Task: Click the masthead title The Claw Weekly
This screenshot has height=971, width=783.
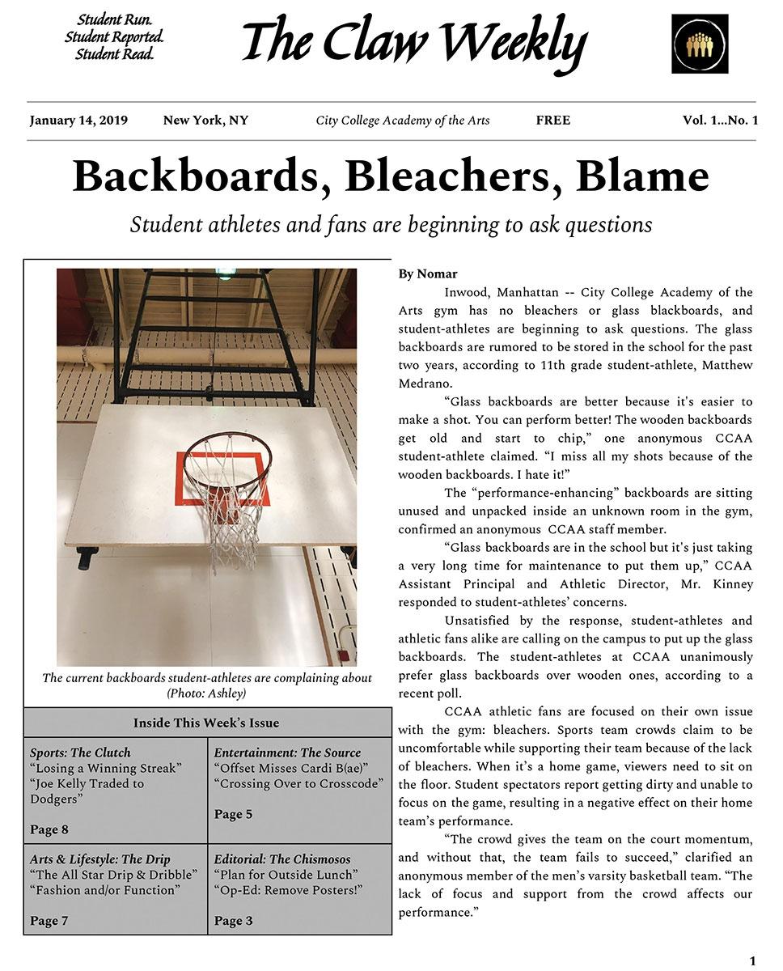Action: (414, 42)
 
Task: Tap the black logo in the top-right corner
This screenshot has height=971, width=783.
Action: (700, 44)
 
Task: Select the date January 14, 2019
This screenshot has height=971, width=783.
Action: (78, 121)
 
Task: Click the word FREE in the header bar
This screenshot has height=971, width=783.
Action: (552, 121)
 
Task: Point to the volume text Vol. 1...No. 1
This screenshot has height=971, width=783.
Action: (720, 121)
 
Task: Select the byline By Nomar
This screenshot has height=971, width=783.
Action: (427, 273)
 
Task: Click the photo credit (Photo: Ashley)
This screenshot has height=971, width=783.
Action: (206, 693)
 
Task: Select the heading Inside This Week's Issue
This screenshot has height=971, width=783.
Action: (206, 723)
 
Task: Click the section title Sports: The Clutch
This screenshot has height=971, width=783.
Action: (80, 753)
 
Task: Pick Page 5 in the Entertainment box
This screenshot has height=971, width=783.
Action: (233, 814)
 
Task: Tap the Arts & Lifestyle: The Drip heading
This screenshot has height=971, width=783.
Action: (100, 859)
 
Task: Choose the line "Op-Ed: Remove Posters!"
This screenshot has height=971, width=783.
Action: (288, 890)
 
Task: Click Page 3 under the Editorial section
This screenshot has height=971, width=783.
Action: (233, 921)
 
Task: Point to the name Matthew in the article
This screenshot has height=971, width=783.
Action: (726, 365)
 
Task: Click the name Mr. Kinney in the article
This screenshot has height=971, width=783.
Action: (723, 583)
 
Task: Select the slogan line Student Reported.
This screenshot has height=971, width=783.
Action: (114, 37)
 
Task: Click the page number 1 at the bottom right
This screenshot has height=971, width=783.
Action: (752, 960)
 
